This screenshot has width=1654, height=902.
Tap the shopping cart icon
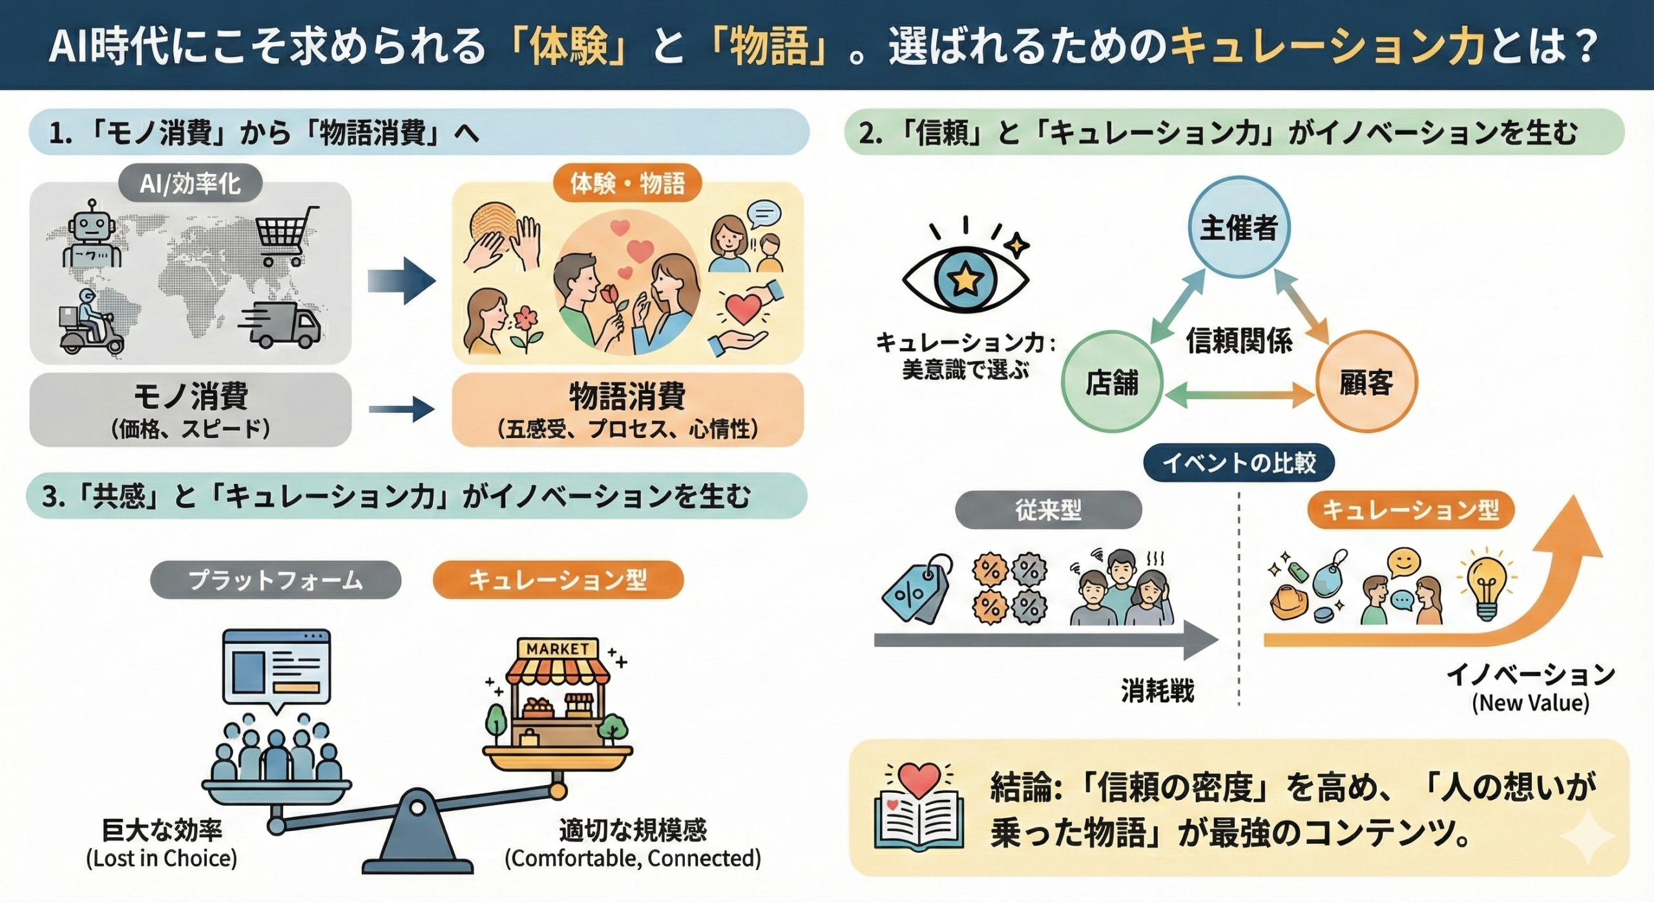click(x=287, y=236)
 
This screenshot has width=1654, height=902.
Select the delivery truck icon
click(x=280, y=325)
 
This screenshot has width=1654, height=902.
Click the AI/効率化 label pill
click(x=190, y=184)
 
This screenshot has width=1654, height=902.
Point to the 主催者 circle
click(x=1239, y=227)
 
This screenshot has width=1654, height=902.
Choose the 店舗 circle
click(x=1112, y=382)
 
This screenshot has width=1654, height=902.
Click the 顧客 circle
click(x=1366, y=382)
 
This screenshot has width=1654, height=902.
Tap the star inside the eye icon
click(x=965, y=279)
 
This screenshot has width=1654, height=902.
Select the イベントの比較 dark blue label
click(x=1239, y=463)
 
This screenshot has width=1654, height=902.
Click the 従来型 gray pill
click(x=1048, y=510)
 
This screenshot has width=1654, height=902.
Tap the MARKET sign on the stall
click(x=557, y=649)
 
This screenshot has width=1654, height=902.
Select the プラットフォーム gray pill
click(x=275, y=580)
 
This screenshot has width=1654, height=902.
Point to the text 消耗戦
click(x=1157, y=691)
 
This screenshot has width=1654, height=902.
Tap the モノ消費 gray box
click(x=191, y=410)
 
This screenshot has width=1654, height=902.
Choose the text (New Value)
click(x=1531, y=703)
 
